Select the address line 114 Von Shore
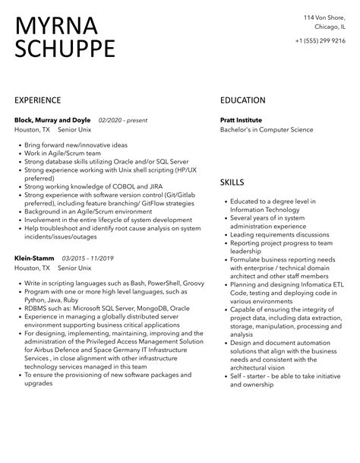pos(325,17)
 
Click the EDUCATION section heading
pos(243,100)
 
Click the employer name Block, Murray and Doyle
pos(52,119)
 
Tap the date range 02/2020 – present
pos(123,119)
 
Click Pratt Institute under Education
pos(241,119)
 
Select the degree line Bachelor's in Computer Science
pos(267,129)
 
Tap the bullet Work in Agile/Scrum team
pos(61,153)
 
